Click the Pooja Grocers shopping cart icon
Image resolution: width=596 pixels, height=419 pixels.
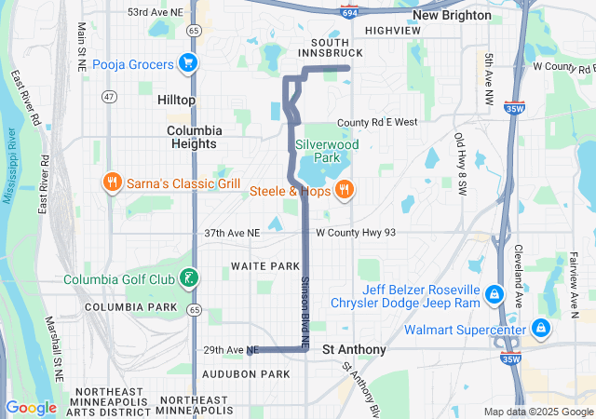[188, 64]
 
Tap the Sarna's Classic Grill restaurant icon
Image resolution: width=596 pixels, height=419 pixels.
[112, 182]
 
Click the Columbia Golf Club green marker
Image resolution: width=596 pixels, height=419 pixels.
[188, 278]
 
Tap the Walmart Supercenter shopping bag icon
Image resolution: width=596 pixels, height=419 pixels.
[540, 328]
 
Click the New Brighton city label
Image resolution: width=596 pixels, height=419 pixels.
[452, 15]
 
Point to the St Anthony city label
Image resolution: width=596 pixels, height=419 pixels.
[354, 349]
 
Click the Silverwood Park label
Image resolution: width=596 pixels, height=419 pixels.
[319, 151]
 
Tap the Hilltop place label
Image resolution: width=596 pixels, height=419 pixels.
[176, 99]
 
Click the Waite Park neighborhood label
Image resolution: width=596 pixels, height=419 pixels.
[265, 266]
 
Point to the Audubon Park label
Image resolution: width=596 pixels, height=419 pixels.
[246, 373]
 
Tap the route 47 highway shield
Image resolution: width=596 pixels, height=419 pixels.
[110, 96]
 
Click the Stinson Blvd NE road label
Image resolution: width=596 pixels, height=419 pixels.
[305, 301]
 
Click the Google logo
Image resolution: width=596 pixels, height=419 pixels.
[31, 407]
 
